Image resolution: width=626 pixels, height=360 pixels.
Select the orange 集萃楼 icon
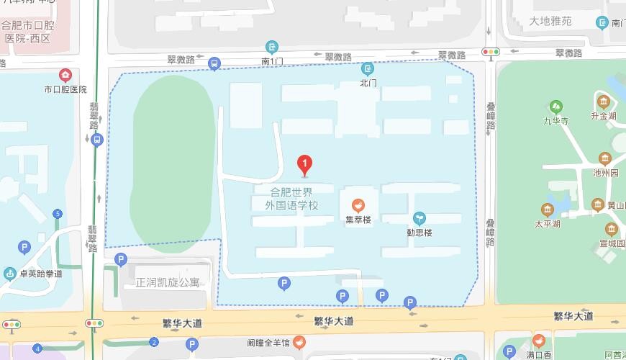[x=358, y=205]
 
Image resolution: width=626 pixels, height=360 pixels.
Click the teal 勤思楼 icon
[x=419, y=218]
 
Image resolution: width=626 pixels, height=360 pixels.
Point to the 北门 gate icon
[x=368, y=69]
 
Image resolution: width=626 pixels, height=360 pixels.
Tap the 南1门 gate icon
[x=271, y=48]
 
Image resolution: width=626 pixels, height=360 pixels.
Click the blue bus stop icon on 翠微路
[x=214, y=64]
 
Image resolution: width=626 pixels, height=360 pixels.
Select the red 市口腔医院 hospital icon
[x=65, y=75]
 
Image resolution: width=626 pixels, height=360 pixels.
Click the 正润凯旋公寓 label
[x=168, y=282]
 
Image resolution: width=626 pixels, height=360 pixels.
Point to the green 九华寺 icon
[x=556, y=107]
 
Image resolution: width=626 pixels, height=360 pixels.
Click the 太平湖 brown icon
[x=547, y=210]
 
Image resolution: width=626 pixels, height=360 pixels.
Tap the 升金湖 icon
[x=603, y=101]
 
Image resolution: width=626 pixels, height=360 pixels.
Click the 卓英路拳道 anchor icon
[x=10, y=274]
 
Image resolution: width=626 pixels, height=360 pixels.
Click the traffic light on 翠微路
[x=491, y=52]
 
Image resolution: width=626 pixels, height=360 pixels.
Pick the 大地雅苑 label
[x=550, y=21]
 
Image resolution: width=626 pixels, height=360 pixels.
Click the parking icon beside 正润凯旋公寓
[x=121, y=259]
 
